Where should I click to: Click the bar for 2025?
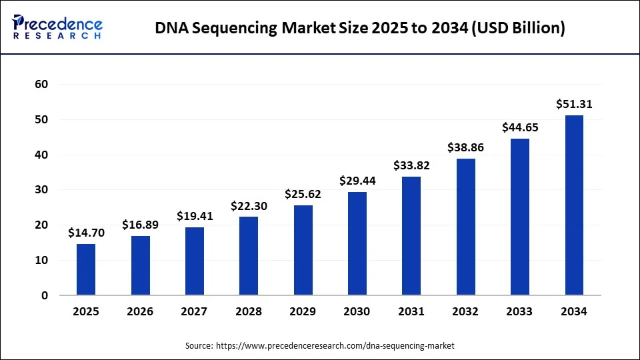tap(86, 269)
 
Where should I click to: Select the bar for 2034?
tap(574, 205)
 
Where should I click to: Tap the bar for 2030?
tap(357, 243)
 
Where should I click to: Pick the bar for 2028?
tap(249, 256)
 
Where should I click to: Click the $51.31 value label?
tap(574, 104)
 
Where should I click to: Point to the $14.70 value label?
tap(86, 233)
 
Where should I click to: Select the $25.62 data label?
tap(303, 195)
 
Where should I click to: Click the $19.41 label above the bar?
tap(195, 216)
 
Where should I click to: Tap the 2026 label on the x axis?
tap(140, 311)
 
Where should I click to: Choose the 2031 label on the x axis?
tap(411, 311)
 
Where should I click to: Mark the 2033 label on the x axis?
tap(520, 311)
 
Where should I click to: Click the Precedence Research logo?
tap(57, 27)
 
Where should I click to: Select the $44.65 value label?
tap(520, 127)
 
